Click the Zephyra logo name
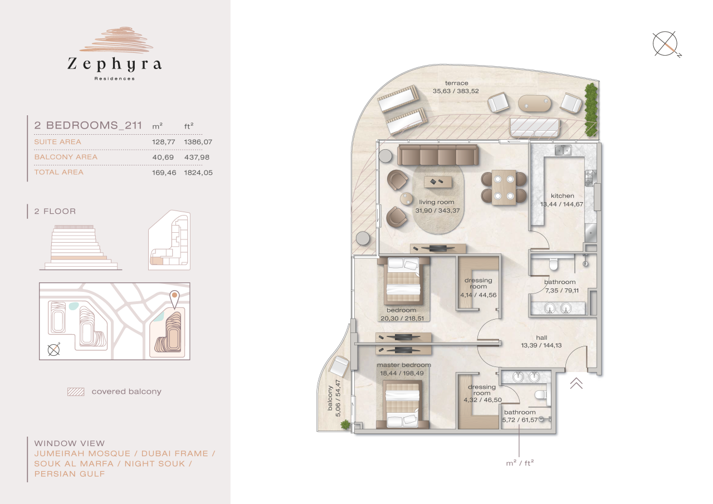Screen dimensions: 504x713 tap(115, 65)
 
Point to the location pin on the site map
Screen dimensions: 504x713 tap(174, 299)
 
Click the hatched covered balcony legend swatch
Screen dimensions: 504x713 tap(75, 392)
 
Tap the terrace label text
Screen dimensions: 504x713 tap(456, 84)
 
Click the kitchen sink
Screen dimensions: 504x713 tap(563, 149)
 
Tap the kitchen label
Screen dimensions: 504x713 tap(562, 196)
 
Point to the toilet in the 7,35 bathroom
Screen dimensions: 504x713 tap(554, 264)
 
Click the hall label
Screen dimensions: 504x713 tap(541, 337)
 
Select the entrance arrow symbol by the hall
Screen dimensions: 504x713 tap(576, 383)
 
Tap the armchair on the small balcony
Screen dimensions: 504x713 tap(339, 366)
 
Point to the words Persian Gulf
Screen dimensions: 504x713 tap(70, 474)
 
